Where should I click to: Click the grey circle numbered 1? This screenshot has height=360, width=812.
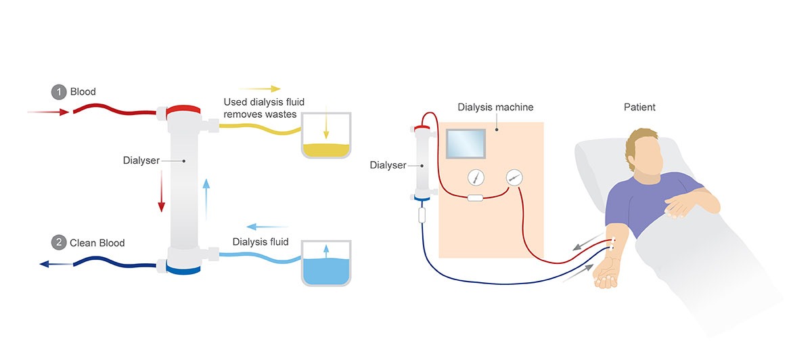pos(59,91)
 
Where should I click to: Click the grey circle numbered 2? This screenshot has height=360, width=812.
pos(59,242)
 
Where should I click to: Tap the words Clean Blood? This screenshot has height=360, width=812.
pos(97,242)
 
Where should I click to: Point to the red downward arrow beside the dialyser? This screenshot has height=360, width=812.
pos(161,192)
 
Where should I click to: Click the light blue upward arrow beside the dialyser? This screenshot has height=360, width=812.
pos(206,195)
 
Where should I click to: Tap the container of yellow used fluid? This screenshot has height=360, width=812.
pos(325,135)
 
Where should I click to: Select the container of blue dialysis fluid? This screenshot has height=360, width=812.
pos(325,263)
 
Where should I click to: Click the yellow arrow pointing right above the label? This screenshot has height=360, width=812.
pos(259,89)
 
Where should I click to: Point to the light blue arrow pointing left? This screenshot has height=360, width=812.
pos(267,227)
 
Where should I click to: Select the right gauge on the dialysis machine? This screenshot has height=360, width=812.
pos(514,178)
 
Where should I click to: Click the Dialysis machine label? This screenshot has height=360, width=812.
pos(495,107)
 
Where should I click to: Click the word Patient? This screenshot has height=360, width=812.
pos(639,107)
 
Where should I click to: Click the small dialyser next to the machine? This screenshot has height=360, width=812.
pos(423,163)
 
